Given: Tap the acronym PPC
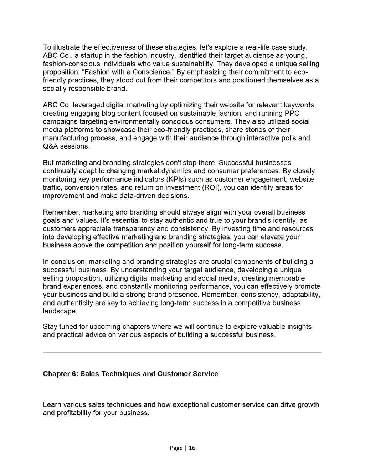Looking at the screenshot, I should (292, 114).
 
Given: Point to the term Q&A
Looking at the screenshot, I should (50, 146).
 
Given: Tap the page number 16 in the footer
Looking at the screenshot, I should (192, 448).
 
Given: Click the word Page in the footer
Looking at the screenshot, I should (176, 448).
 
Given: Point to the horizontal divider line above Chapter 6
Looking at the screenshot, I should (182, 352).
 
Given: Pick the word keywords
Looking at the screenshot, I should (300, 105).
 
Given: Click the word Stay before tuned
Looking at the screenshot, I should (50, 327).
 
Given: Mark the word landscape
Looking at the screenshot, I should (60, 311).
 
